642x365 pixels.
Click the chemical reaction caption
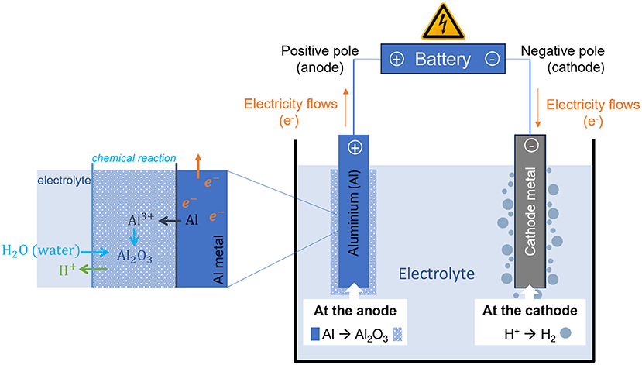[x=133, y=159]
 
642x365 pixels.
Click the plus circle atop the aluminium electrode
[x=355, y=148]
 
